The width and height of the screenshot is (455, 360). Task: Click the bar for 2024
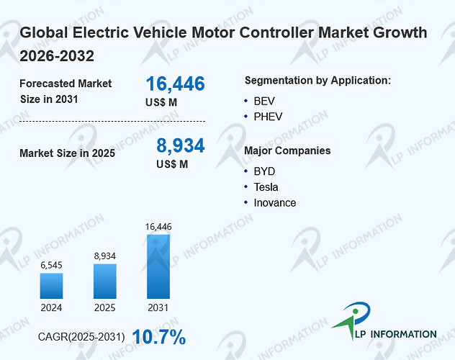(51, 286)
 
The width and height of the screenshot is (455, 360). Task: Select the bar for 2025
(105, 281)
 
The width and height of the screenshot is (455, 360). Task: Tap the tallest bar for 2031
(158, 266)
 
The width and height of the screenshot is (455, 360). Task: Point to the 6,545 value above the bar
(51, 265)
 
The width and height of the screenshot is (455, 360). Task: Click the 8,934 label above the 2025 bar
(105, 256)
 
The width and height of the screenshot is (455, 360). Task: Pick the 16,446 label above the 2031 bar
(158, 227)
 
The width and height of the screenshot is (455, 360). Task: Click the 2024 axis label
(51, 307)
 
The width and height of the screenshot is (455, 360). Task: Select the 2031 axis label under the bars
(158, 307)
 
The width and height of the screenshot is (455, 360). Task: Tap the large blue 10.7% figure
(159, 337)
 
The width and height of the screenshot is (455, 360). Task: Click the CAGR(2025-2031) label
(81, 337)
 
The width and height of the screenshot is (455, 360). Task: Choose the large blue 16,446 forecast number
(175, 84)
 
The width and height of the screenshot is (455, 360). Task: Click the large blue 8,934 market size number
(181, 145)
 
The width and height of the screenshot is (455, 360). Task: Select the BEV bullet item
(264, 102)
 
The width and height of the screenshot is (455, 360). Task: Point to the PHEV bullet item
(268, 117)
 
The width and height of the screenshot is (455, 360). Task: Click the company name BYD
(264, 171)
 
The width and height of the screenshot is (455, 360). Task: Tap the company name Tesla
(266, 187)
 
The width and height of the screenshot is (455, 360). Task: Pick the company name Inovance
(275, 203)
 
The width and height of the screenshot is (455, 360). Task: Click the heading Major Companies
(287, 150)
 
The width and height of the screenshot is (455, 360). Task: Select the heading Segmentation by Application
(317, 81)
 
